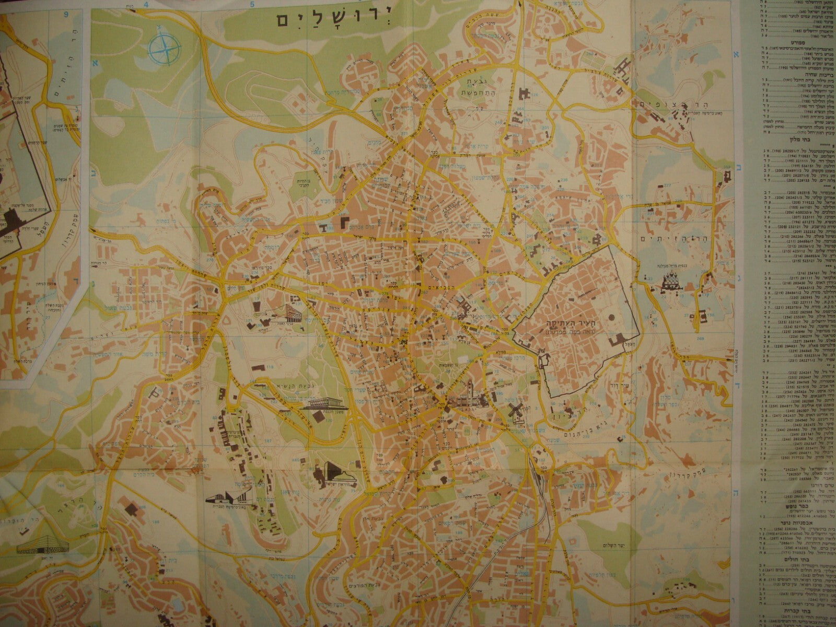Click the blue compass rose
point(164,48)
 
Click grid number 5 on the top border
point(252,5)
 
